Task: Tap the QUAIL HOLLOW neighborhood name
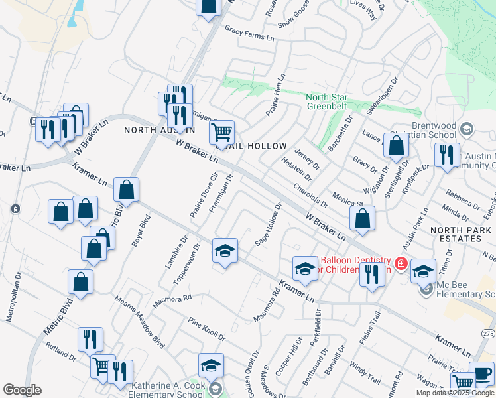261,146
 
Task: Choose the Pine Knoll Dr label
207,328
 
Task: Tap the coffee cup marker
481,373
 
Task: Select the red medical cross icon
401,264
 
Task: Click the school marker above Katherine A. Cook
211,365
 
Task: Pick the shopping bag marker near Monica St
362,218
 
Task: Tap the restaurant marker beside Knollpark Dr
447,155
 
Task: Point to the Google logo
22,390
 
